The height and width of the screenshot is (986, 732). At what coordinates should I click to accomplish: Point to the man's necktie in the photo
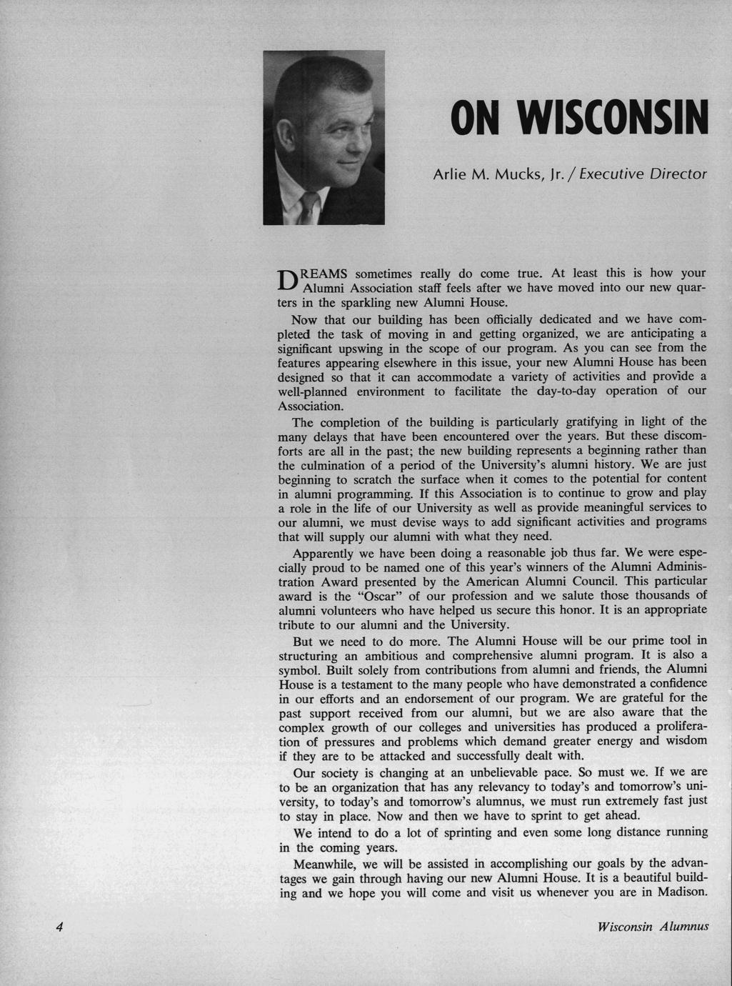point(308,208)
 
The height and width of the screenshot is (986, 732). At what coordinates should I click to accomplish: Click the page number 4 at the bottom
point(59,927)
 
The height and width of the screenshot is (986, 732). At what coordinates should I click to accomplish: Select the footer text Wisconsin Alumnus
point(653,927)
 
